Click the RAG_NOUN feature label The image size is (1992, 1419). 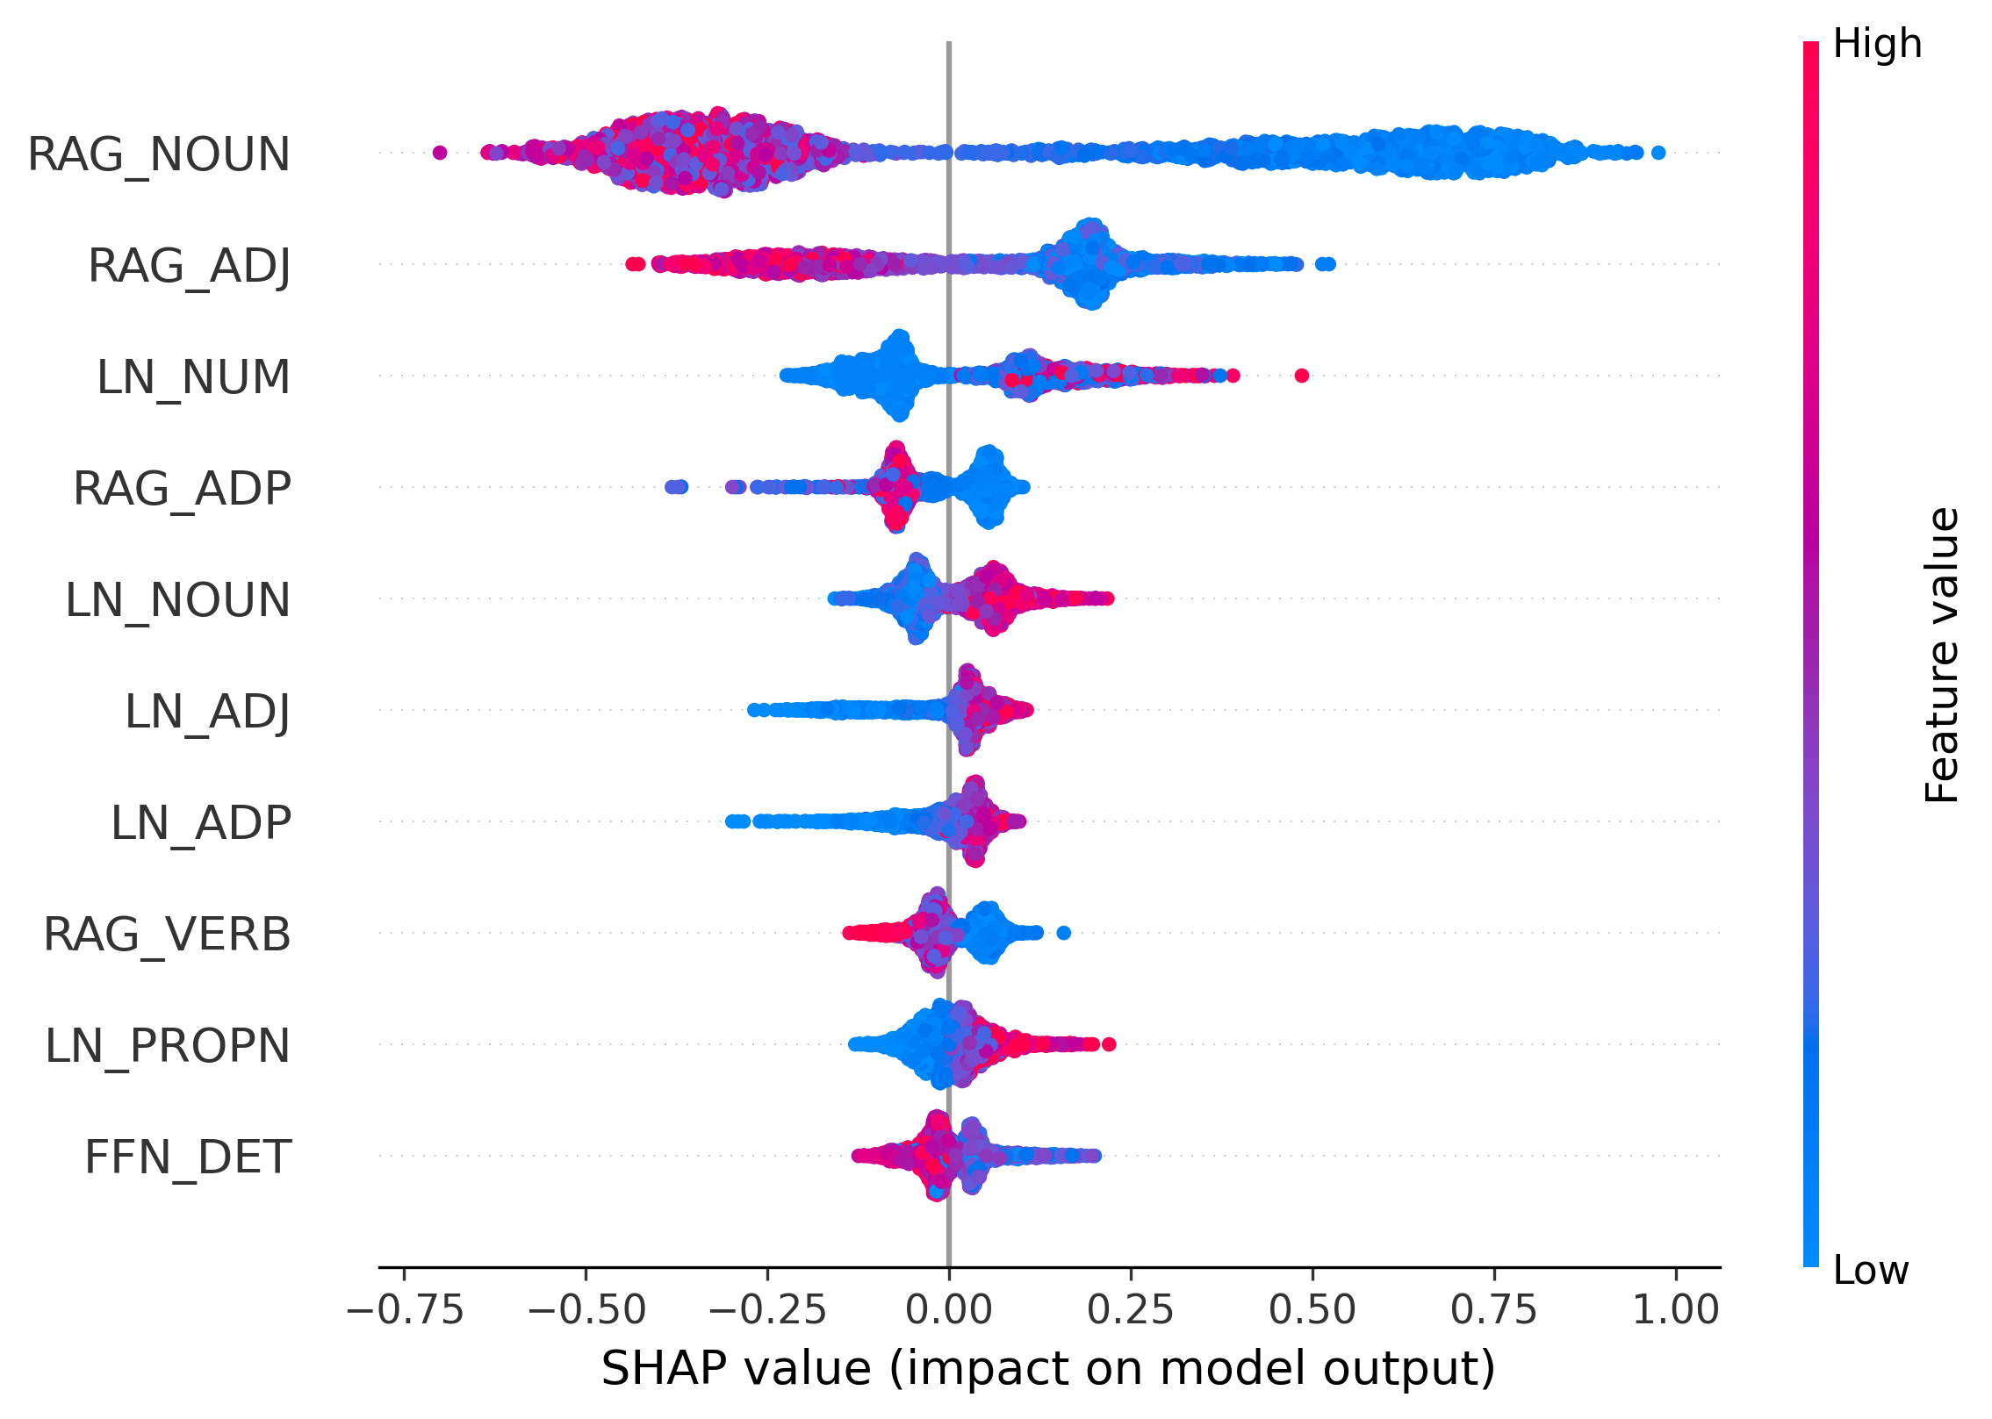[x=159, y=154]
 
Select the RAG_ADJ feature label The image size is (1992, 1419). [x=189, y=265]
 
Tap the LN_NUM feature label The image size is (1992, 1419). [x=193, y=377]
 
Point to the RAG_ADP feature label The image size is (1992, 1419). [x=182, y=489]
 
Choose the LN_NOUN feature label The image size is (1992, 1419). [x=177, y=600]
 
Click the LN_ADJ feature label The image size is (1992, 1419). [x=207, y=712]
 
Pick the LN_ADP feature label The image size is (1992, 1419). [x=201, y=823]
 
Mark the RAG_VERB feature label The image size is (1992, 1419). [x=167, y=935]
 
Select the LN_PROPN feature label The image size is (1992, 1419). [x=168, y=1046]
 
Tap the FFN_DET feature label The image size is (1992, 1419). [x=188, y=1157]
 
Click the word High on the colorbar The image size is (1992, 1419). [x=1877, y=44]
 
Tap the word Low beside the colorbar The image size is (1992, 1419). [x=1871, y=1270]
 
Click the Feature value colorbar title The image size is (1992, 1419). [x=1942, y=655]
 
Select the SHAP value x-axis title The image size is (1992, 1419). [x=1048, y=1369]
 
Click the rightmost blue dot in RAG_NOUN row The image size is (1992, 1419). [x=1658, y=153]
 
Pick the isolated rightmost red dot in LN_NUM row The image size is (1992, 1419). [x=1302, y=376]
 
